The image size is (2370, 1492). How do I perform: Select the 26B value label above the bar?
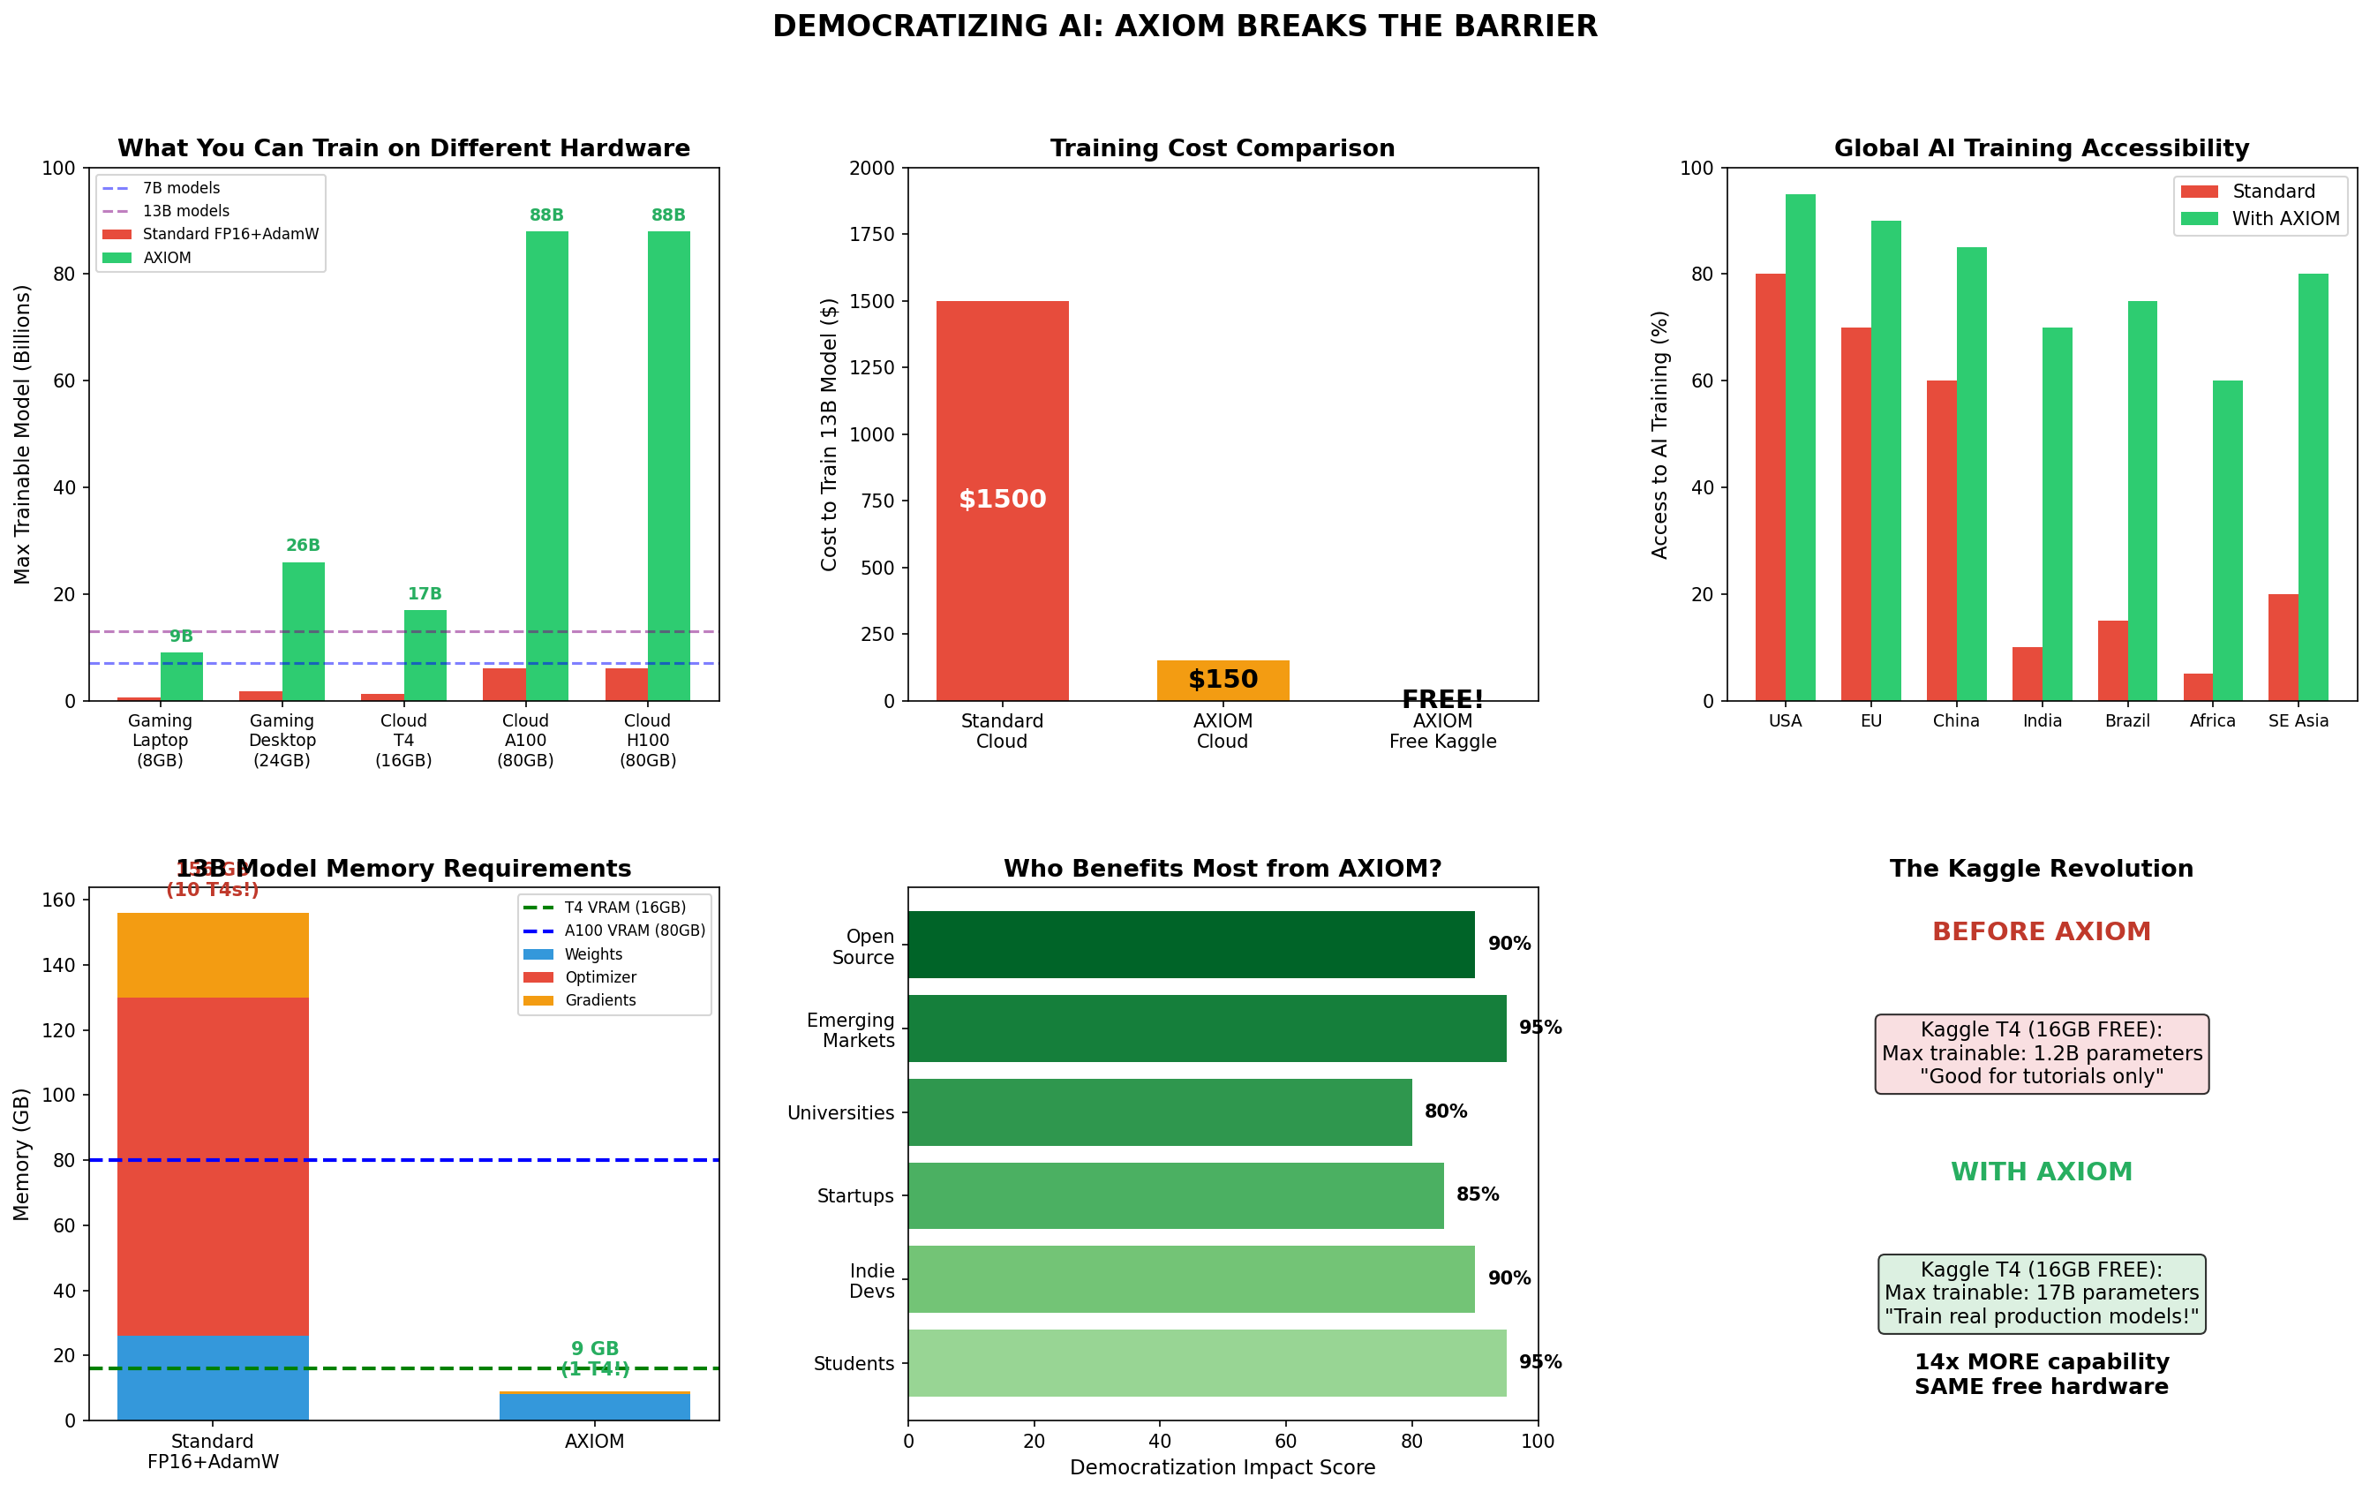tap(303, 546)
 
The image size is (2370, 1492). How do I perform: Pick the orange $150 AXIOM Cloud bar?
tap(1223, 680)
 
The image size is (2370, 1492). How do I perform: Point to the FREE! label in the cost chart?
tap(1442, 698)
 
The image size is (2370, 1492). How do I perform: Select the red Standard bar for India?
tap(2027, 674)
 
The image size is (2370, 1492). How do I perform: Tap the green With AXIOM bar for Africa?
tap(2227, 540)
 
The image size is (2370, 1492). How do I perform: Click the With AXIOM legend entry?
tap(2284, 218)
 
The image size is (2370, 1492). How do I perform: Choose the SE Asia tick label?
tap(2299, 721)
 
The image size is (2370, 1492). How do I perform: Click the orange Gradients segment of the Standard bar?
tap(213, 954)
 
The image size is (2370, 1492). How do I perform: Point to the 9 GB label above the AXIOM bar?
tap(594, 1348)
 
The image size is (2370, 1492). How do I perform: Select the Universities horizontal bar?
tap(1160, 1112)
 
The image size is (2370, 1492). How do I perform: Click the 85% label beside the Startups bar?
tap(1478, 1194)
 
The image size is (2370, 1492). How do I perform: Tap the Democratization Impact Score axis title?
tap(1223, 1467)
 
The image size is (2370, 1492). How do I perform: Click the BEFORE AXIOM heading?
tap(2042, 931)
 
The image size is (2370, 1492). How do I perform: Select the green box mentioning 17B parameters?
tap(2042, 1293)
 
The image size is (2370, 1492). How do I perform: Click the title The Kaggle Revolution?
tap(2042, 869)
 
